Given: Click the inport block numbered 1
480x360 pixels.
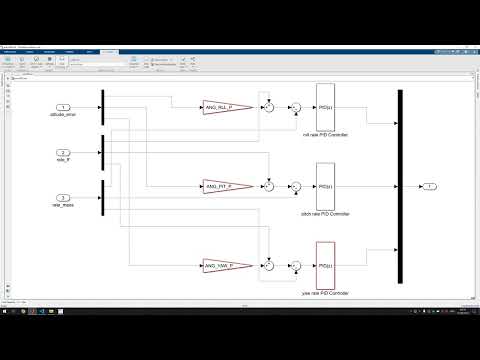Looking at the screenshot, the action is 62,107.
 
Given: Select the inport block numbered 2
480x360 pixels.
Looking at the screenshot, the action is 62,153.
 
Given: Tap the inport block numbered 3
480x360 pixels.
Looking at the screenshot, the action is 62,198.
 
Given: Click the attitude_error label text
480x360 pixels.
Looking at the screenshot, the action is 62,116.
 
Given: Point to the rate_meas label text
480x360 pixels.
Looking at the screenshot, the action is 62,207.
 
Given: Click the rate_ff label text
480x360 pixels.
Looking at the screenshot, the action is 62,162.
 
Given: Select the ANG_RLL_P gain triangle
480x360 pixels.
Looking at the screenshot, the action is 216,106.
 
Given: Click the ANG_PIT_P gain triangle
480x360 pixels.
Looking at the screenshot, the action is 216,186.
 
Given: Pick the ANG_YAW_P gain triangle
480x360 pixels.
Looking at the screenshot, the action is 216,266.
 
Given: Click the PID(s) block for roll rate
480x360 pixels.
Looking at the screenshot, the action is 324,107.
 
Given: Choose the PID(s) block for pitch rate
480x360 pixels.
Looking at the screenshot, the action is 324,186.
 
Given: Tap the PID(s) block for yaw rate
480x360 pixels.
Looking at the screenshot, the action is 324,266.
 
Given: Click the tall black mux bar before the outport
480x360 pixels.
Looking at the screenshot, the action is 399,186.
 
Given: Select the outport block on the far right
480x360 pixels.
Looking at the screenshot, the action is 428,186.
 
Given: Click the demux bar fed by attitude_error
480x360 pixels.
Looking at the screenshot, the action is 104,107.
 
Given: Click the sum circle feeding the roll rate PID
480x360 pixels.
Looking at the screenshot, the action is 296,107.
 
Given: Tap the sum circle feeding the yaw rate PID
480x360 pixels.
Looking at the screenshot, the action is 296,266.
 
